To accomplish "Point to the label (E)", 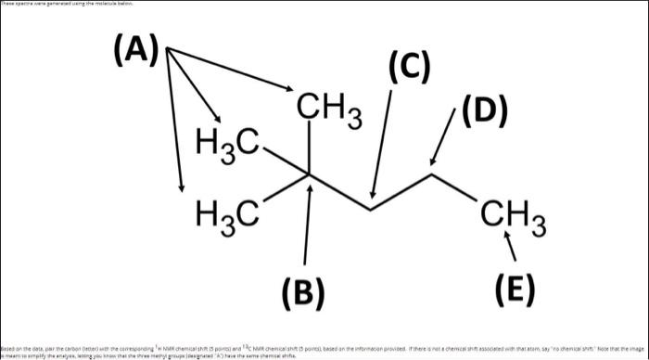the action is pos(515,290).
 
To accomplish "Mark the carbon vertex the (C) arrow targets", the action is pos(371,208).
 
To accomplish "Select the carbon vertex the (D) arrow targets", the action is pos(432,174).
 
